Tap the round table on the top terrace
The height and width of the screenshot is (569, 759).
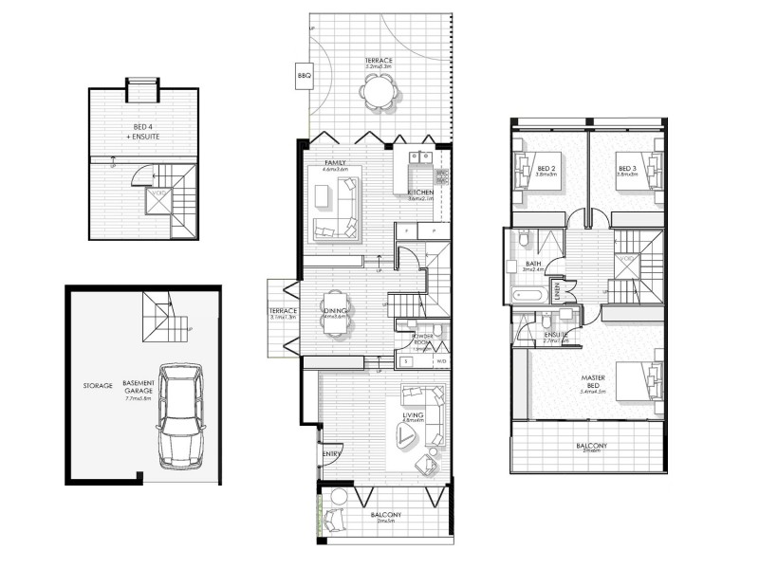377,93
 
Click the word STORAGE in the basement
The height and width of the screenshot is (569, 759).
97,386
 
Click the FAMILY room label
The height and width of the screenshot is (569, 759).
334,163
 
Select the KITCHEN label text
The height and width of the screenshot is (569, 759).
420,193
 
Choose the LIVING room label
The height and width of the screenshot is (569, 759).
412,414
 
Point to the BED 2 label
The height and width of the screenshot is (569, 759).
546,168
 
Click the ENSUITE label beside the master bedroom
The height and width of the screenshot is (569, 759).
556,335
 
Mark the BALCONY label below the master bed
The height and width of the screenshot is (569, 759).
591,446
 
